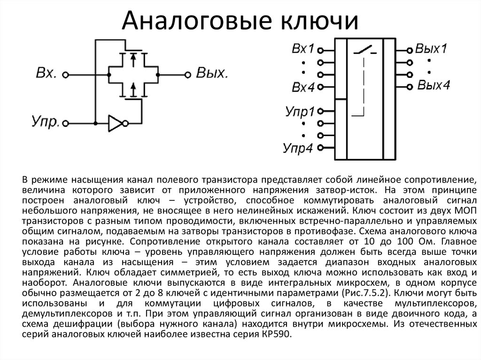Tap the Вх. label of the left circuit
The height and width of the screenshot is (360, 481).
point(47,73)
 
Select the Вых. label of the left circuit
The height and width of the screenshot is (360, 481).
point(212,73)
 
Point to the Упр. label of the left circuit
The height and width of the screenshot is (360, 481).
point(46,122)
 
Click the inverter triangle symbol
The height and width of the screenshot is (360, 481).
point(116,123)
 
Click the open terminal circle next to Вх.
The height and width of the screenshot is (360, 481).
point(65,75)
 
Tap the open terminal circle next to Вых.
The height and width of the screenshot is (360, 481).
point(187,75)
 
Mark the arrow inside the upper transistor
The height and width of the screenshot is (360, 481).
point(133,60)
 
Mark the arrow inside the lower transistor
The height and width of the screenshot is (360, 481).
point(133,89)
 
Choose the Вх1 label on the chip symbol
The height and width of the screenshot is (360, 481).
point(303,49)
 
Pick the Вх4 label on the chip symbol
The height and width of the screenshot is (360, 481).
point(303,87)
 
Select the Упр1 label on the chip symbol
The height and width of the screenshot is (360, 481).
point(300,112)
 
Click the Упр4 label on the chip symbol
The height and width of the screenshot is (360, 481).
point(297,148)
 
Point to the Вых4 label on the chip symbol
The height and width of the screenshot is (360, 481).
point(434,85)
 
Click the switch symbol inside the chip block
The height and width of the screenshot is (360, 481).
point(365,50)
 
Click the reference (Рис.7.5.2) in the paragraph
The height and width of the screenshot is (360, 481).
point(365,293)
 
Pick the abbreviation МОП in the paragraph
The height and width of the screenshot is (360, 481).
point(466,211)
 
